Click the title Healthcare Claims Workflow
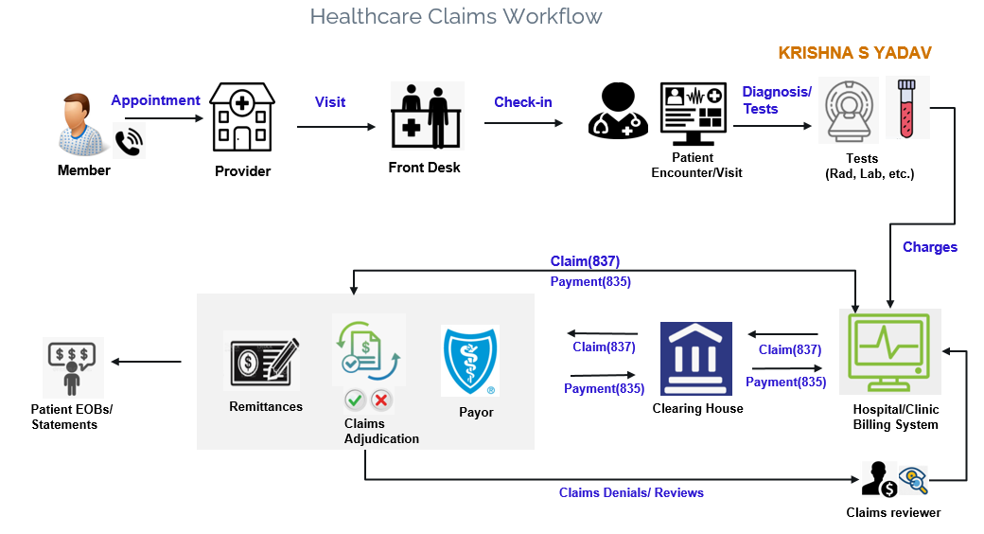(x=455, y=17)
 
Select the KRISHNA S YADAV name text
(x=855, y=53)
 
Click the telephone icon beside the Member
(x=128, y=141)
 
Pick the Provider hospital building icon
(x=241, y=117)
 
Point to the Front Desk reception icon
(x=427, y=116)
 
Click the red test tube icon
(x=906, y=107)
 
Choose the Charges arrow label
(x=930, y=247)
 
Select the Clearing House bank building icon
(x=695, y=358)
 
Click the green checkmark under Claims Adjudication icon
(x=355, y=400)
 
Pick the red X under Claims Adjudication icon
(x=381, y=400)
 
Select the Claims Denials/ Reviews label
(x=631, y=492)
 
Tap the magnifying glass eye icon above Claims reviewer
(x=913, y=480)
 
